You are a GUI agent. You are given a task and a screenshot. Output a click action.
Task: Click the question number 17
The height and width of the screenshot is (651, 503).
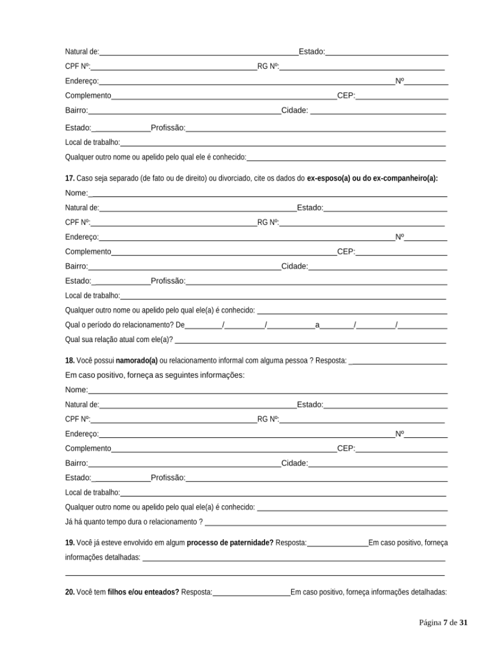point(69,179)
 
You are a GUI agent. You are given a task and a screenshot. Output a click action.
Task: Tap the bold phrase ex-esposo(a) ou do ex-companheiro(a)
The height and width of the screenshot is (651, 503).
point(372,179)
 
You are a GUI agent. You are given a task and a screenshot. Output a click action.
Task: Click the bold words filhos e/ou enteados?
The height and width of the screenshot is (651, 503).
point(143,592)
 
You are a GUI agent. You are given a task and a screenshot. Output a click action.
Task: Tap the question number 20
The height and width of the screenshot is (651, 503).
point(69,592)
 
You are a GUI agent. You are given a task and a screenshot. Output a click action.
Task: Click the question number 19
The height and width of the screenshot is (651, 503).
point(69,542)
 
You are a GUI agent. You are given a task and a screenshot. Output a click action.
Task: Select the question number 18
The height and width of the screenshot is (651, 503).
point(69,360)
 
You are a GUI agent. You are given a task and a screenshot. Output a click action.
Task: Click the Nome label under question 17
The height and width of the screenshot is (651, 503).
point(76,193)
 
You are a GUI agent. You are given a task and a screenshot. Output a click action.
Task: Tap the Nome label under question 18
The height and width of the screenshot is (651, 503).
point(76,390)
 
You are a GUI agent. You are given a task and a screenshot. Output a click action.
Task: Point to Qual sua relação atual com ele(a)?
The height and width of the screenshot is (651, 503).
point(119,339)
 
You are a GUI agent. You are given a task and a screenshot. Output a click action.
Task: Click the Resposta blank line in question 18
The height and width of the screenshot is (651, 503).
point(398,361)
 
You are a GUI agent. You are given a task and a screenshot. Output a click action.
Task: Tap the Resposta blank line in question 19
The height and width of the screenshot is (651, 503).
point(338,543)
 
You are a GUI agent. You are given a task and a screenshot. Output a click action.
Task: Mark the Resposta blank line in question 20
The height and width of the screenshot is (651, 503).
point(251,593)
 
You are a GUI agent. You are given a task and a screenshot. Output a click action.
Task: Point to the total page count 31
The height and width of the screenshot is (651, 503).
point(464,622)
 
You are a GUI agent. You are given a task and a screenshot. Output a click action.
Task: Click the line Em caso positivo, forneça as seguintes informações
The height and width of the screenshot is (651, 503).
point(155,374)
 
